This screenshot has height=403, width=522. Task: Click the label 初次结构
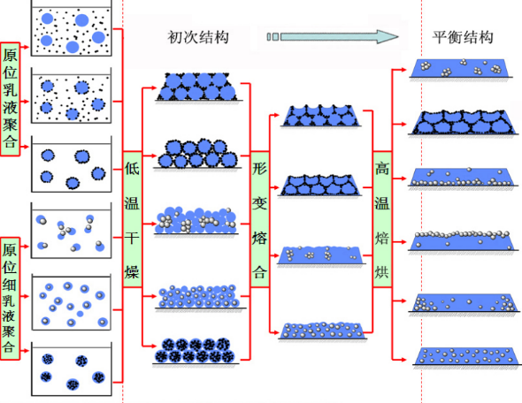pos(198,37)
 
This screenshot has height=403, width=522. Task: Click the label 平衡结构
pos(463,37)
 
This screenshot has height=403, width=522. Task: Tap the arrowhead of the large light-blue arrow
pos(388,36)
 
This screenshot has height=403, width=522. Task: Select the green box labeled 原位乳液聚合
pos(10,99)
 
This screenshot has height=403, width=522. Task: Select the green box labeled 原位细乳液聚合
pos(10,298)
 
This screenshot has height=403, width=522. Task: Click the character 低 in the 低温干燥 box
pos(132,168)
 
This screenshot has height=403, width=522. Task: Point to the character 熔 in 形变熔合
pos(259,238)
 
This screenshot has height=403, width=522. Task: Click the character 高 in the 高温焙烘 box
pos(382,168)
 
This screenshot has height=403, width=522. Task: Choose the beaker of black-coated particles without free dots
pos(72,163)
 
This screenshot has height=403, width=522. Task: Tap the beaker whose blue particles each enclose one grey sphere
pos(72,302)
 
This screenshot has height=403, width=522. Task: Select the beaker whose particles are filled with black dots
pos(72,369)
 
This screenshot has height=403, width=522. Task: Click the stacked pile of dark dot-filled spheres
pos(196,351)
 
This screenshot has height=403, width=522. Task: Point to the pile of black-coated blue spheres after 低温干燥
pos(197,153)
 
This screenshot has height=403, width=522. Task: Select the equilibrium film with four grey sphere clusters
pos(461,68)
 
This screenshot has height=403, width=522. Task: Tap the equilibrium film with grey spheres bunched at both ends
pos(464,302)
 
